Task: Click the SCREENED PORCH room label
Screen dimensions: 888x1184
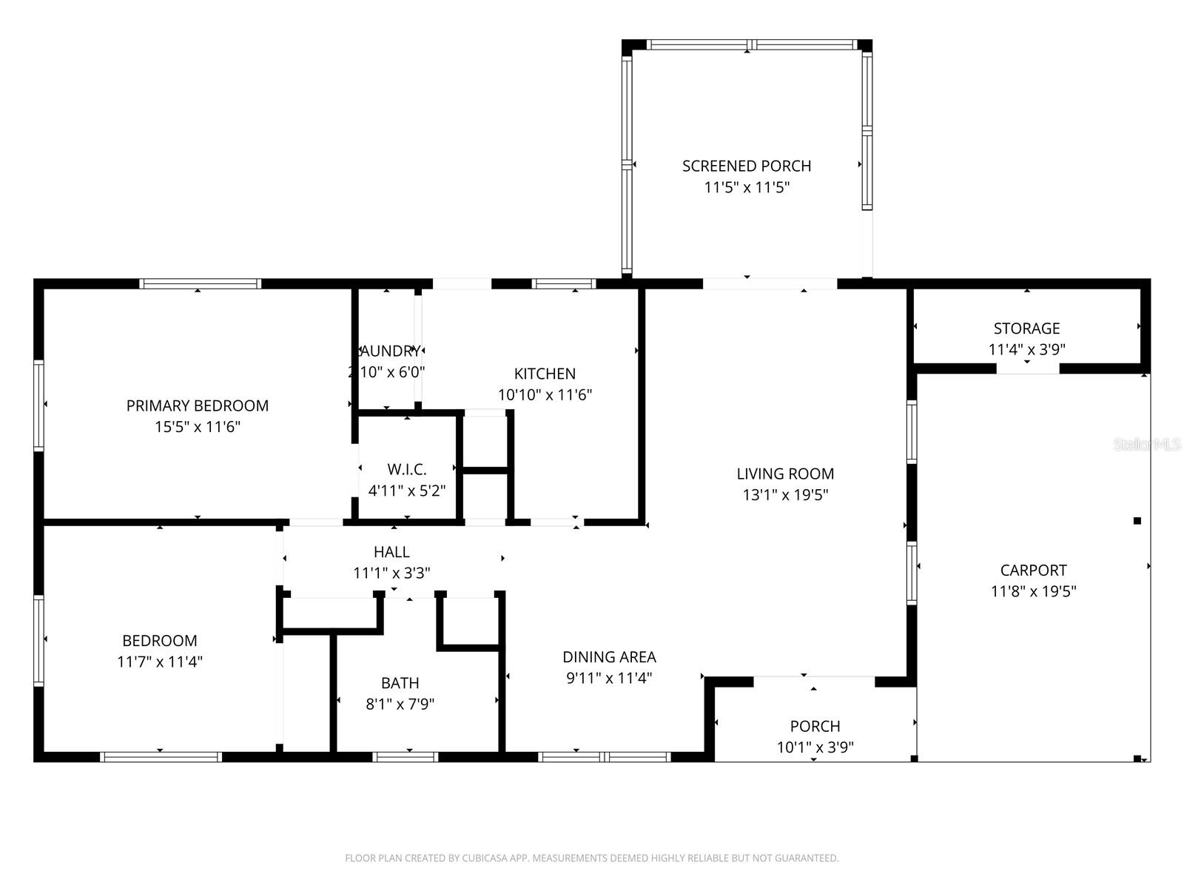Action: pos(746,166)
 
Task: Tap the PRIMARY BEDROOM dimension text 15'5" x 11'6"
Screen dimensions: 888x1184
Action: pos(198,427)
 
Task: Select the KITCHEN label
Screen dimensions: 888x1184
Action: pos(545,374)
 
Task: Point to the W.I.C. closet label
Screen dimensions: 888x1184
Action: pos(406,469)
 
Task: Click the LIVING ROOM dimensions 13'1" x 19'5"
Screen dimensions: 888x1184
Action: pos(785,495)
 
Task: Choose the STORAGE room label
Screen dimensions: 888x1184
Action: pos(1026,328)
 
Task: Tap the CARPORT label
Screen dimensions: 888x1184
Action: pos(1033,570)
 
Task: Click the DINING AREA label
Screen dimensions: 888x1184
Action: pos(609,656)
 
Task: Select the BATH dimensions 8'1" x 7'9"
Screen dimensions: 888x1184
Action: pos(400,704)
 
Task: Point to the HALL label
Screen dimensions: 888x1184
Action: pos(391,551)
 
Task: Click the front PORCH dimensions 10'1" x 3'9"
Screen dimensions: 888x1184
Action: pos(815,747)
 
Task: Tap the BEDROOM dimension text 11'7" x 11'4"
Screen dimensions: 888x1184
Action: pos(160,662)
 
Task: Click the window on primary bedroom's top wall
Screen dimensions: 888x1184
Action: pos(200,283)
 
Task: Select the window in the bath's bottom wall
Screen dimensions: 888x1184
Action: pos(405,756)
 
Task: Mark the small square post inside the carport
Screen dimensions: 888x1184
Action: pos(1137,521)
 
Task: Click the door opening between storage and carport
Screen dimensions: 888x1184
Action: pos(1028,369)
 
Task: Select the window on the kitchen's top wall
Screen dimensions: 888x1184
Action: pos(564,283)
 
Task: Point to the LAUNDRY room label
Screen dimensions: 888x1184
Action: pos(386,351)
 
